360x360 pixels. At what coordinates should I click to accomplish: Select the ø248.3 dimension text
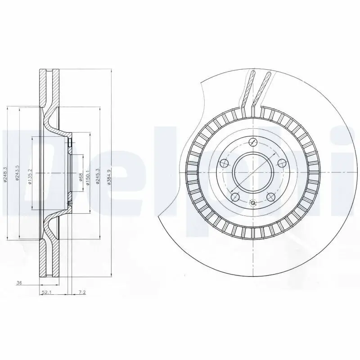click(x=5, y=173)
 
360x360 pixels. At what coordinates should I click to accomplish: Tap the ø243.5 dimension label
click(x=17, y=173)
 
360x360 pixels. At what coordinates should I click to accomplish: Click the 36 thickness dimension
click(x=19, y=283)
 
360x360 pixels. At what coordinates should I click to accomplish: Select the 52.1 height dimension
click(x=46, y=292)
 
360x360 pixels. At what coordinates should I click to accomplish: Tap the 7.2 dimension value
click(x=82, y=292)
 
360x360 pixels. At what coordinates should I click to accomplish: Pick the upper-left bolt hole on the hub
click(x=224, y=163)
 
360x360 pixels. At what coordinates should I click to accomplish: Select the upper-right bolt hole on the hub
click(x=282, y=163)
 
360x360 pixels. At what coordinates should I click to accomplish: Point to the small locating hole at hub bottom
click(x=252, y=203)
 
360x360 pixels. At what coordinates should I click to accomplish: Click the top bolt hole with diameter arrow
click(x=252, y=142)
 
